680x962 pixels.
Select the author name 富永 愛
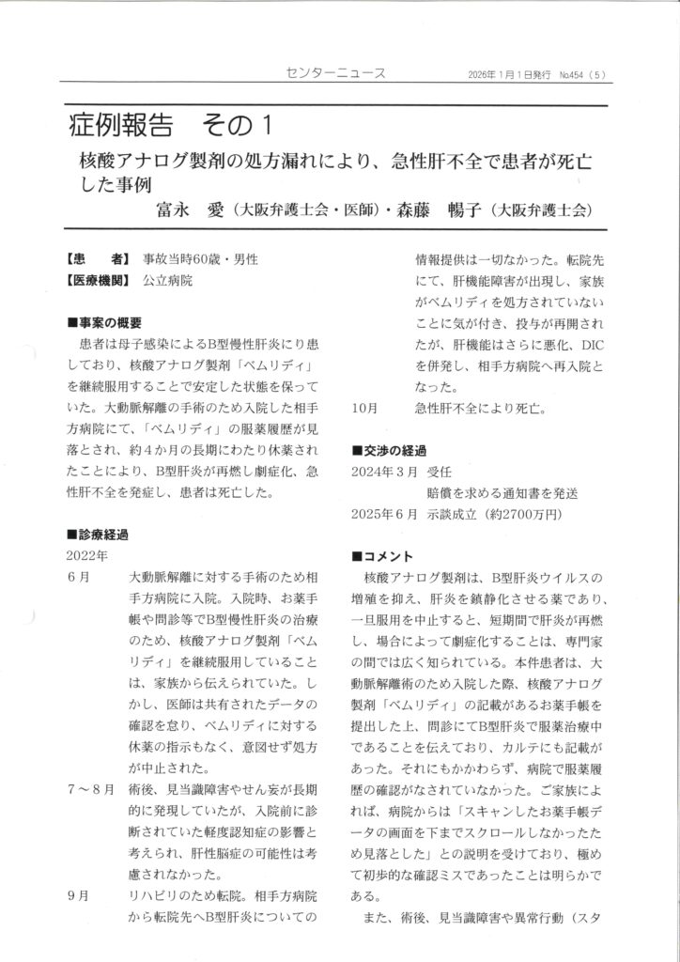point(194,209)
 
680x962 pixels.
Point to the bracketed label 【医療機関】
point(100,279)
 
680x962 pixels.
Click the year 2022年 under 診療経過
point(90,554)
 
